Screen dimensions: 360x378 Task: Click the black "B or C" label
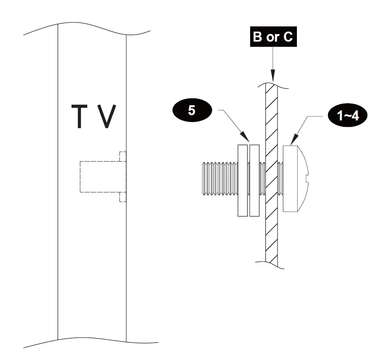273,37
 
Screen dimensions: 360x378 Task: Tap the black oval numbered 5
192,111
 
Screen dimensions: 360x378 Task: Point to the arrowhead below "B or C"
273,77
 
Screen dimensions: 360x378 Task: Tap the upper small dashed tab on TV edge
123,156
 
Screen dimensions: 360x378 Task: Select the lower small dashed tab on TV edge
123,197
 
